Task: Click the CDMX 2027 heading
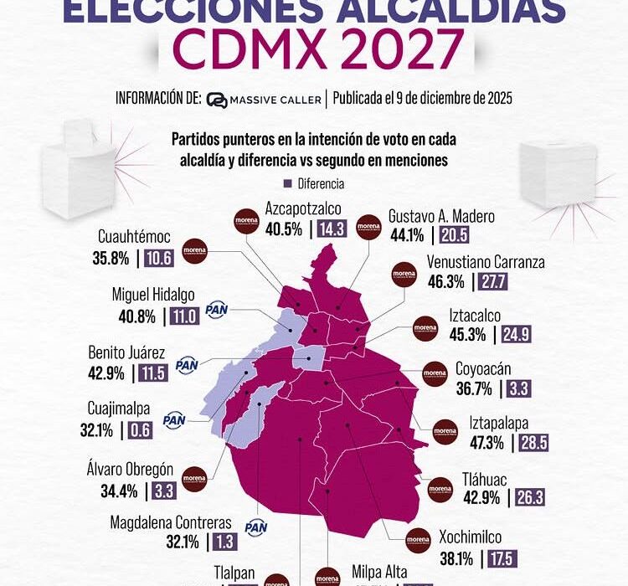tap(314, 52)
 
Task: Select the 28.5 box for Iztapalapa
tap(533, 443)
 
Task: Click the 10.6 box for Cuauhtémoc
tap(158, 258)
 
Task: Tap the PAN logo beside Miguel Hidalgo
tap(216, 310)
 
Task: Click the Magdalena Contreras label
tap(170, 522)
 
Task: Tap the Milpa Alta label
tap(379, 573)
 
